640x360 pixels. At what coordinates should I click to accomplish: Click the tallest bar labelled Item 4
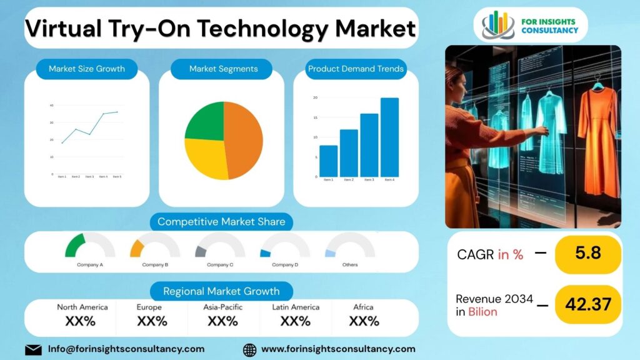pyautogui.click(x=389, y=137)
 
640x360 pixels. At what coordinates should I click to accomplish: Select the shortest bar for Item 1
pyautogui.click(x=328, y=161)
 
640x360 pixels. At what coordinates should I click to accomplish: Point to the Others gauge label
pyautogui.click(x=350, y=265)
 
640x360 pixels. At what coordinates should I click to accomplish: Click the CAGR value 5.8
pyautogui.click(x=587, y=253)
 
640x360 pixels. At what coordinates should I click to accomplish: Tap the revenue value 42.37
pyautogui.click(x=587, y=304)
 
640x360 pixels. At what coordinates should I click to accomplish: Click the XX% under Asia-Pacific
pyautogui.click(x=222, y=321)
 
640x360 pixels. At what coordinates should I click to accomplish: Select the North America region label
pyautogui.click(x=82, y=307)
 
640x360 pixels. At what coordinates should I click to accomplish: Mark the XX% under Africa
pyautogui.click(x=364, y=321)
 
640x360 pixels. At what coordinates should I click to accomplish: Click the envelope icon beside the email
pyautogui.click(x=33, y=349)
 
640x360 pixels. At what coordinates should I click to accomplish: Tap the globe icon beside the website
pyautogui.click(x=249, y=349)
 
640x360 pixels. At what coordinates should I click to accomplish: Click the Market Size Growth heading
pyautogui.click(x=87, y=69)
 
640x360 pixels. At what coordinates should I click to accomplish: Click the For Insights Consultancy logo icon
pyautogui.click(x=498, y=25)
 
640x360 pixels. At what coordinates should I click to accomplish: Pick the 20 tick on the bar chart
pyautogui.click(x=316, y=97)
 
